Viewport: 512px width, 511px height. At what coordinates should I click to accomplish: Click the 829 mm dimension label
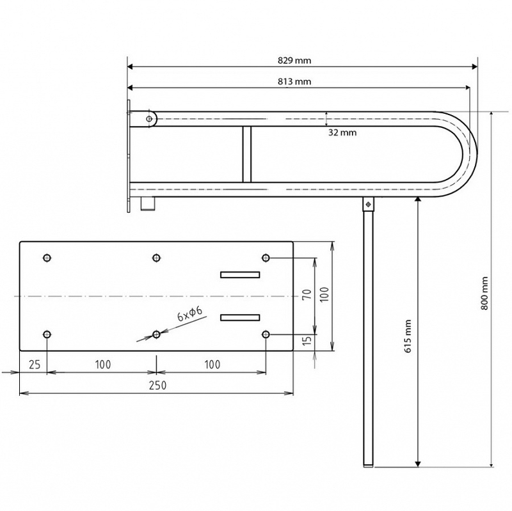(294, 60)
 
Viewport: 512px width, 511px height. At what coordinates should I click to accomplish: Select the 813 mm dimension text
(294, 81)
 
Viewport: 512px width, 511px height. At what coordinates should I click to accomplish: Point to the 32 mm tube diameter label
(342, 132)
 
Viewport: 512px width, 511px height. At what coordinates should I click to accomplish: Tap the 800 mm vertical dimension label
(484, 293)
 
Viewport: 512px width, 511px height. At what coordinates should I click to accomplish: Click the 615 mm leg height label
(408, 336)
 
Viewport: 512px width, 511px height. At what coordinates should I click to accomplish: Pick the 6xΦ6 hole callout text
(189, 314)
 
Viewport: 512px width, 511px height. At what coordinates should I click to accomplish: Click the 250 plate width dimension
(157, 386)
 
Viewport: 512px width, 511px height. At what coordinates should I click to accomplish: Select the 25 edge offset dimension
(35, 365)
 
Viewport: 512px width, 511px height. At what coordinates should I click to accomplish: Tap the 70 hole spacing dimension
(307, 295)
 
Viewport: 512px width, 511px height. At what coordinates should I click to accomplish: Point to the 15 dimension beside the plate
(307, 341)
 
